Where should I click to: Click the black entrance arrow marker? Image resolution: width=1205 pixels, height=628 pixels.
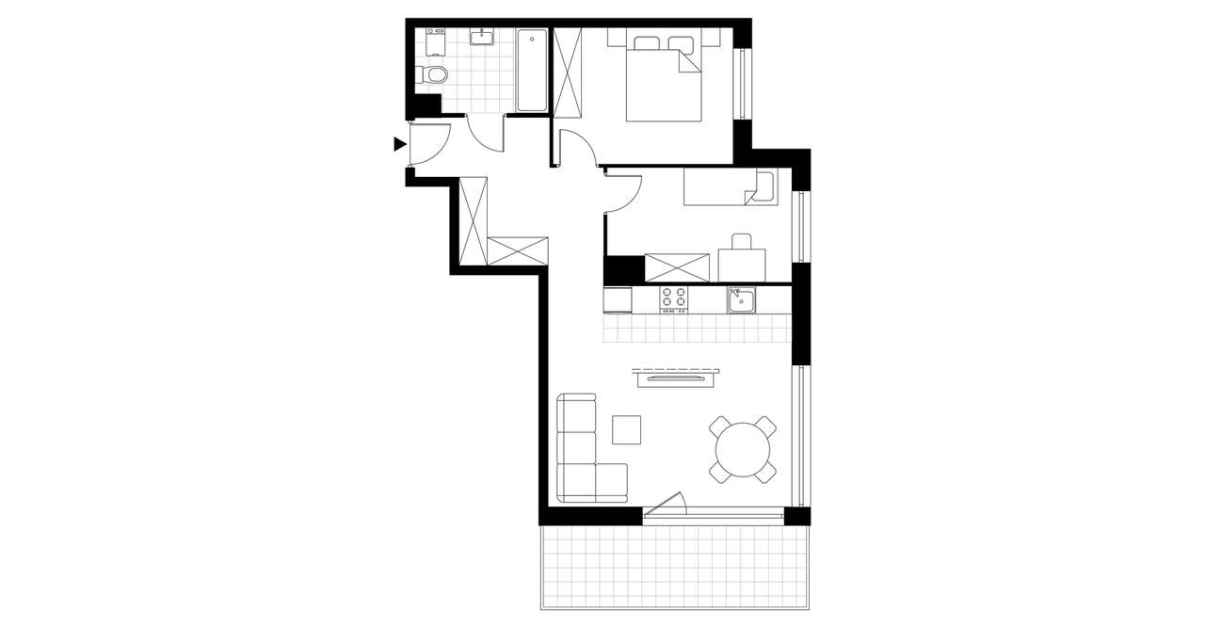pos(400,144)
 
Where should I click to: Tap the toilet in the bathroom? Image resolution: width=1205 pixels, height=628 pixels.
pos(434,76)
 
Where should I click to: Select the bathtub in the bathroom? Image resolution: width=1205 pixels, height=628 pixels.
pos(531,71)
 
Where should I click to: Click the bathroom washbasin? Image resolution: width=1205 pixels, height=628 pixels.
pos(484,38)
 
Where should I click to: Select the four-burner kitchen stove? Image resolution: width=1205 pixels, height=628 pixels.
pos(673,298)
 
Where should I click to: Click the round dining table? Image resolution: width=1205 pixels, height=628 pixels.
pos(743,450)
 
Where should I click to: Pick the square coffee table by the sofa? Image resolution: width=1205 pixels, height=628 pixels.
pos(626,429)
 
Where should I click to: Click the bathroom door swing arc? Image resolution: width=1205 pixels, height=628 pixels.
pos(487,135)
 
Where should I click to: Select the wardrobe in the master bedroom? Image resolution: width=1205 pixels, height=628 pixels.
pos(568,71)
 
